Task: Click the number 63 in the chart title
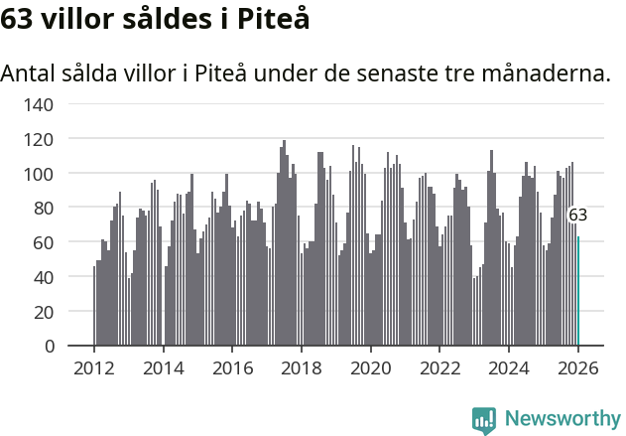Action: click(x=18, y=18)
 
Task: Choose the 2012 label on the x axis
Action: click(x=94, y=368)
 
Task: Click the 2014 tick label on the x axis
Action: click(x=164, y=368)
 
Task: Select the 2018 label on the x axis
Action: click(x=302, y=368)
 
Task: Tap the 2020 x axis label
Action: click(x=371, y=368)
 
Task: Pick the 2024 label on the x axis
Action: click(x=509, y=368)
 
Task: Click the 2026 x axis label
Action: click(x=578, y=368)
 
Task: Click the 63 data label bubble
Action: click(x=577, y=216)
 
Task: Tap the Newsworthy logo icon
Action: click(x=484, y=419)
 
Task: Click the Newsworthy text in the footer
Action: click(x=562, y=419)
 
